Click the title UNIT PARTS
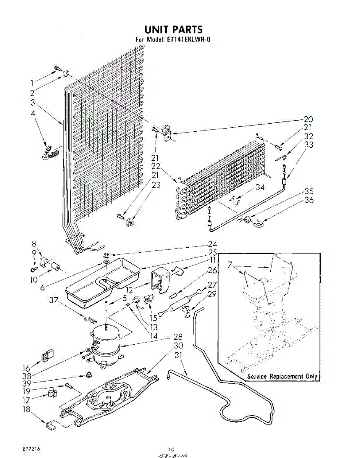pos(173,29)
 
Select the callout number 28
pos(178,337)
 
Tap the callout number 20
pos(308,119)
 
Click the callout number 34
pos(260,187)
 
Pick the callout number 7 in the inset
pos(230,265)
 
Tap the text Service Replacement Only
pos(282,376)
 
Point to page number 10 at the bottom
pos(172,449)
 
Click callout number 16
pos(26,368)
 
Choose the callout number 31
pos(178,355)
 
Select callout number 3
pos(33,102)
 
